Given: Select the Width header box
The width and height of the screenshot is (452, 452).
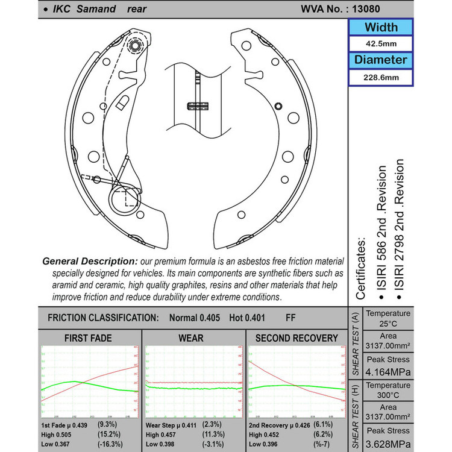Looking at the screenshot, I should pyautogui.click(x=381, y=27).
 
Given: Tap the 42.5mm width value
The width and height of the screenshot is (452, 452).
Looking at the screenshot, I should pyautogui.click(x=381, y=43).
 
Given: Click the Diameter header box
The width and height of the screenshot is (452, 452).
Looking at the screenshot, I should pyautogui.click(x=381, y=60).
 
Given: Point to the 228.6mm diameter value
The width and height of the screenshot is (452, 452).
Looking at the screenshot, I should pyautogui.click(x=381, y=77).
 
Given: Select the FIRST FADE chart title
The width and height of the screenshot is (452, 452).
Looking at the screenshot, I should pyautogui.click(x=89, y=338).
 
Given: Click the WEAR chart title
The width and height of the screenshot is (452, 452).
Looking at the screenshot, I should pyautogui.click(x=191, y=338).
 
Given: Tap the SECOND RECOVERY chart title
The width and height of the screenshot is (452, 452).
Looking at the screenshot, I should pyautogui.click(x=297, y=338).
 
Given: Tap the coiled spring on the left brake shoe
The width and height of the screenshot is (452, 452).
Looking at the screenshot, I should pyautogui.click(x=127, y=195).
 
